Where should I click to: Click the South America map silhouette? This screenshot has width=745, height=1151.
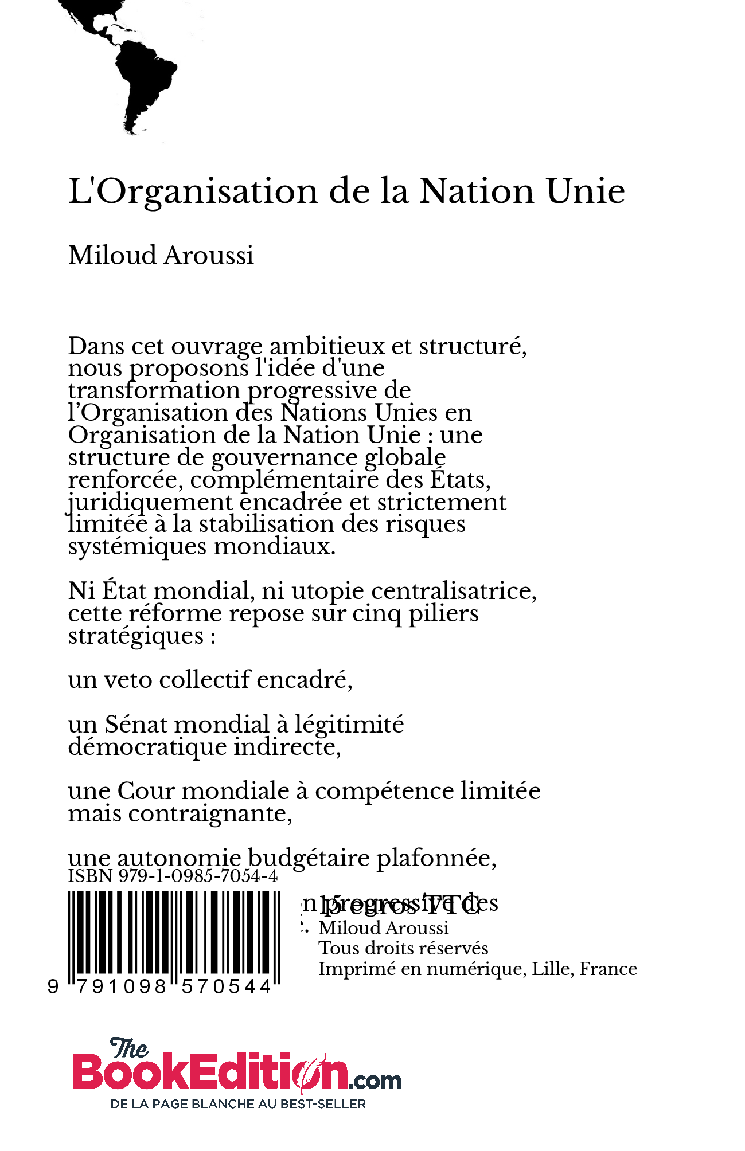[x=143, y=80]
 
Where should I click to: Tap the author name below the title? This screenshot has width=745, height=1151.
[x=161, y=256]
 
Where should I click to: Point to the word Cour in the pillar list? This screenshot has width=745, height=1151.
[x=146, y=792]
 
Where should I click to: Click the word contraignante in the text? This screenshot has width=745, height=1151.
[x=209, y=814]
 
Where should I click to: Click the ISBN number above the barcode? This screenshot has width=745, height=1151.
[x=173, y=876]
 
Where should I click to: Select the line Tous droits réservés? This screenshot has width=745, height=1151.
[x=403, y=949]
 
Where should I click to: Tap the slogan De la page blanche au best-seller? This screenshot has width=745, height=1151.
[x=238, y=1104]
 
